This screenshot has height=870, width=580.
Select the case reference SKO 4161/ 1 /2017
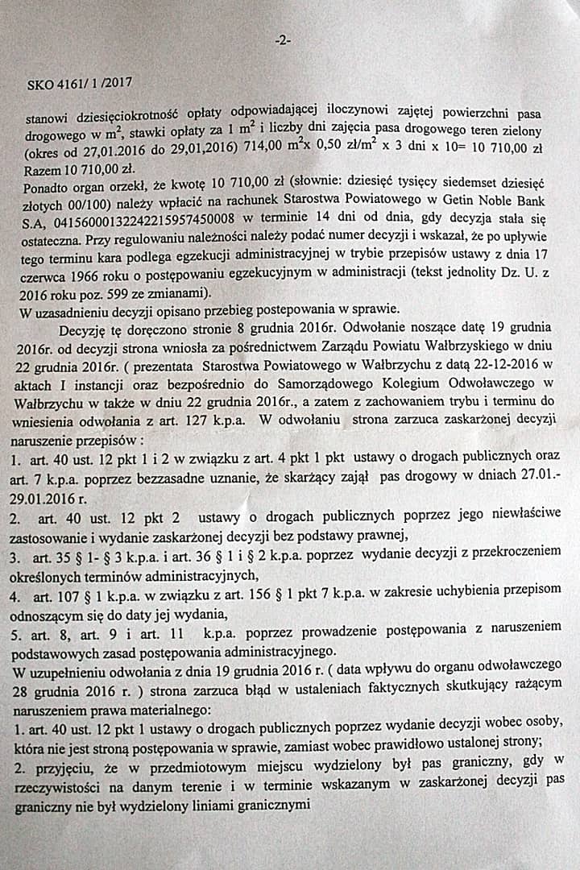coord(79,82)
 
